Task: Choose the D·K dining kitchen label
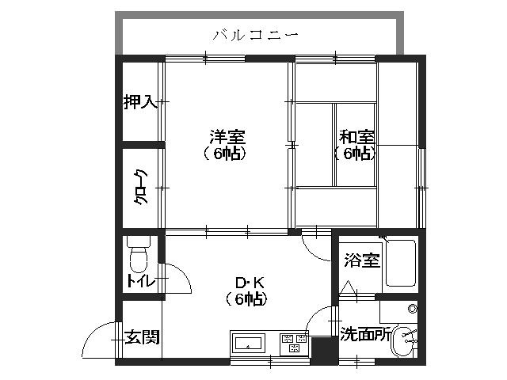[246, 282]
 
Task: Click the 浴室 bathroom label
[362, 260]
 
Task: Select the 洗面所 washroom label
[364, 334]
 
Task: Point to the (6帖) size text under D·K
[246, 298]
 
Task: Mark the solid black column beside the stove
[322, 349]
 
